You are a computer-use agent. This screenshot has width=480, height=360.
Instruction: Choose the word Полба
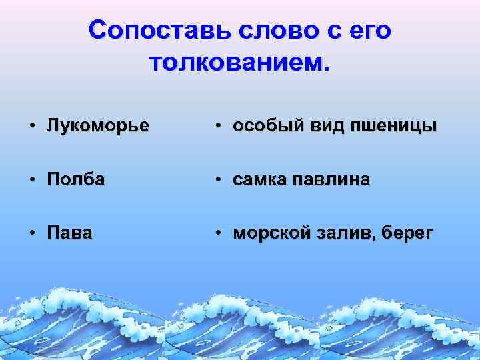(75, 180)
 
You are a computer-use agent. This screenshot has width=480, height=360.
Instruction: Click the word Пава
(69, 233)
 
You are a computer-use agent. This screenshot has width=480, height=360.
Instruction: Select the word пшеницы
(401, 126)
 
